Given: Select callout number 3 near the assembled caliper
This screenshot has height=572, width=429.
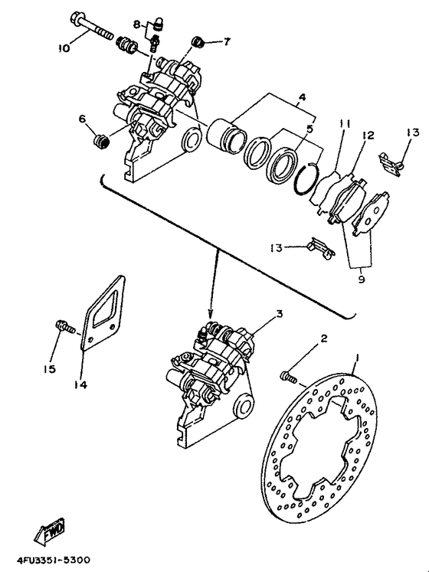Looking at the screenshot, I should coord(258,313).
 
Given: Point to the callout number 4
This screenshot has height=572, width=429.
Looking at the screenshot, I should coord(302,97).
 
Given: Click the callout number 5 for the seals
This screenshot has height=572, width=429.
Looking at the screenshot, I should coord(309,129).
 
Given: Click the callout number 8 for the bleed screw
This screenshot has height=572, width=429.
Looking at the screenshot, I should coord(137,25).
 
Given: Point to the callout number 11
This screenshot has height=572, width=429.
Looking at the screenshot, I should coord(345,123).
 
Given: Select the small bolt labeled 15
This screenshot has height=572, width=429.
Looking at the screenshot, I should coord(61,327).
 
